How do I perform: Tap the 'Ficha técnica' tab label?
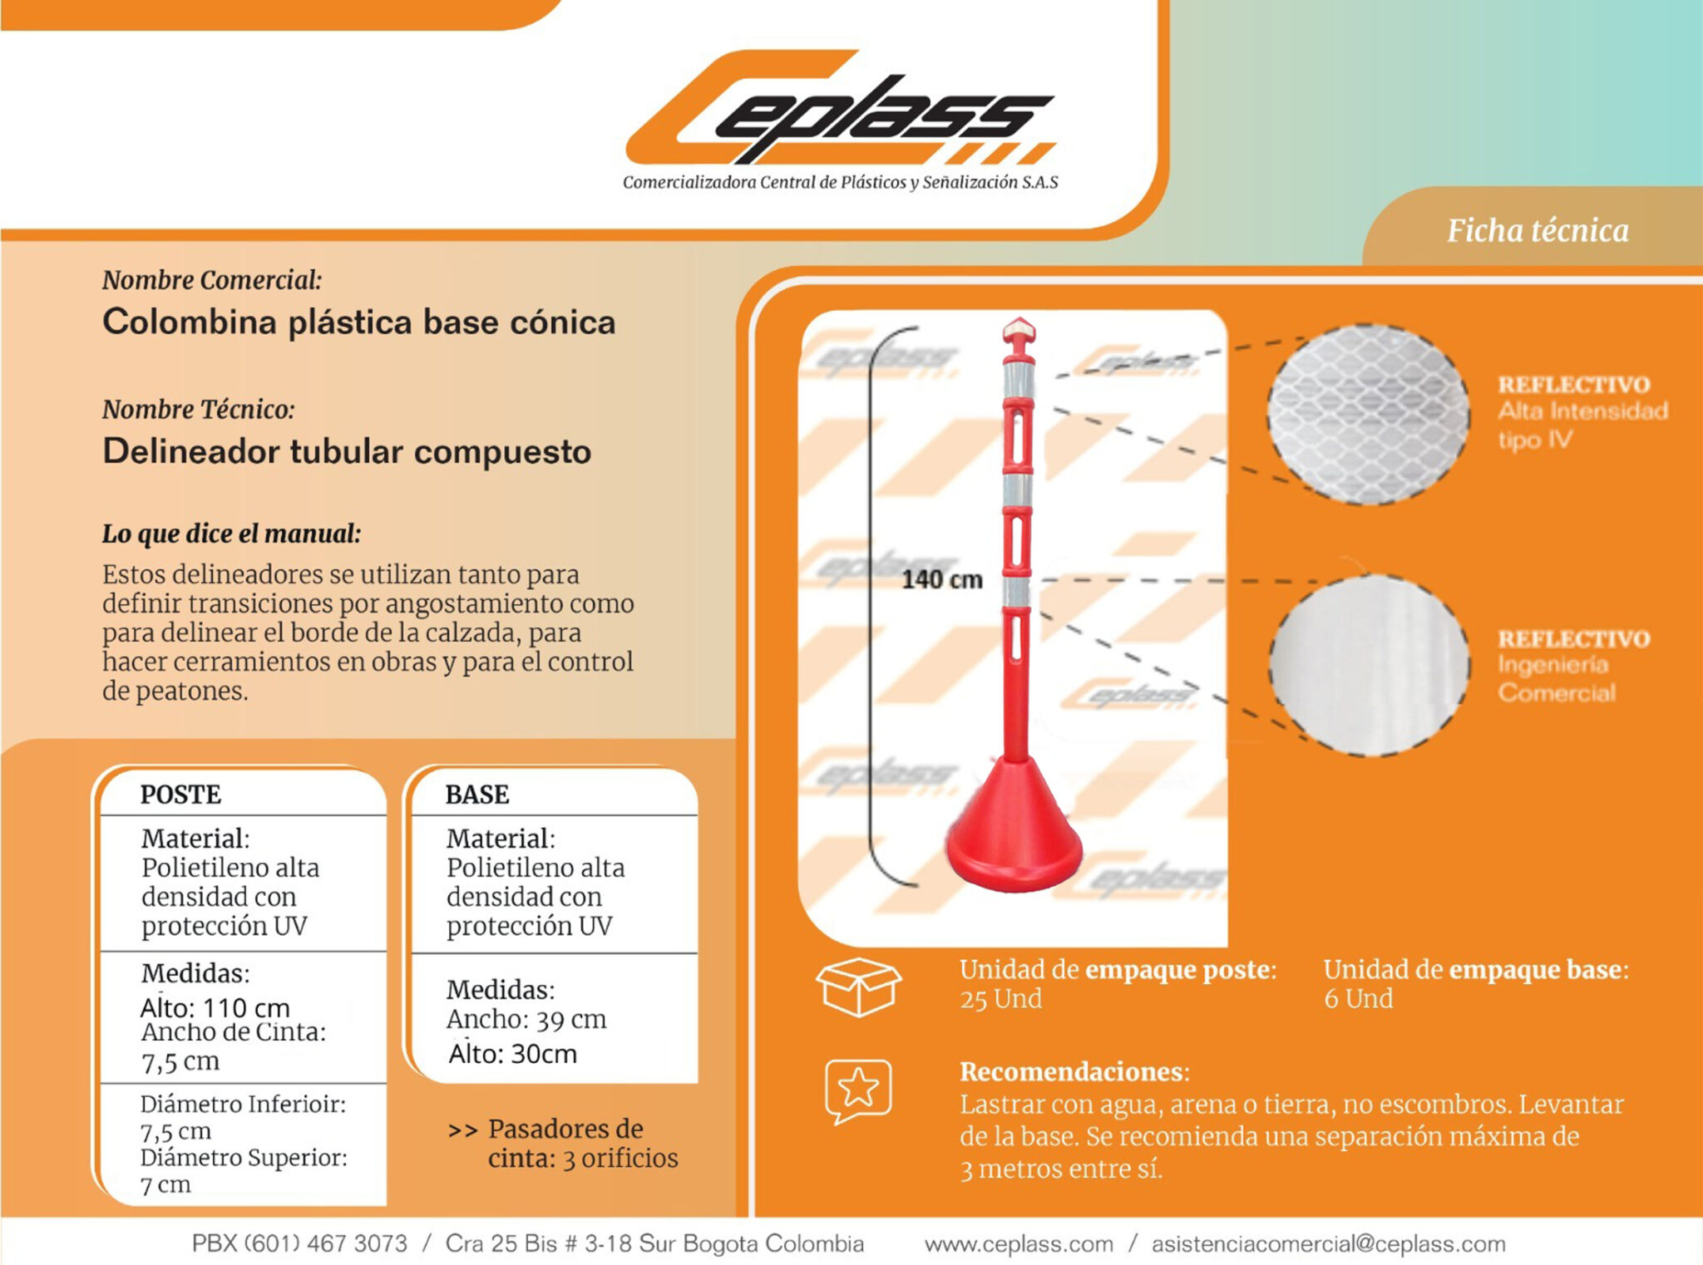[1538, 230]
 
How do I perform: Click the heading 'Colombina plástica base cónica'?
[358, 322]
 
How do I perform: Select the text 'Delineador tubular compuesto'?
[347, 451]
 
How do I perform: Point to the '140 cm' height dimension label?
[942, 579]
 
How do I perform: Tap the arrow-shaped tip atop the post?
[1018, 332]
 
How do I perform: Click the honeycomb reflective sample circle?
[1368, 414]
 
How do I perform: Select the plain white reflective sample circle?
[1369, 665]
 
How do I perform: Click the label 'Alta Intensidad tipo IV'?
[1582, 425]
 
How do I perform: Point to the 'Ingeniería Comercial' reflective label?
[1557, 678]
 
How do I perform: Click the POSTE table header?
[180, 795]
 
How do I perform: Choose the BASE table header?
[477, 795]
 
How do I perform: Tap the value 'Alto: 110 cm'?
[215, 1007]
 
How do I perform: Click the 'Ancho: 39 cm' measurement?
[526, 1019]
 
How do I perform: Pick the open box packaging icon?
[858, 987]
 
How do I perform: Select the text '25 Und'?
[1000, 998]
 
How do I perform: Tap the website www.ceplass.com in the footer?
[1019, 1244]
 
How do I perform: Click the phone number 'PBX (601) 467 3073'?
[299, 1243]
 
